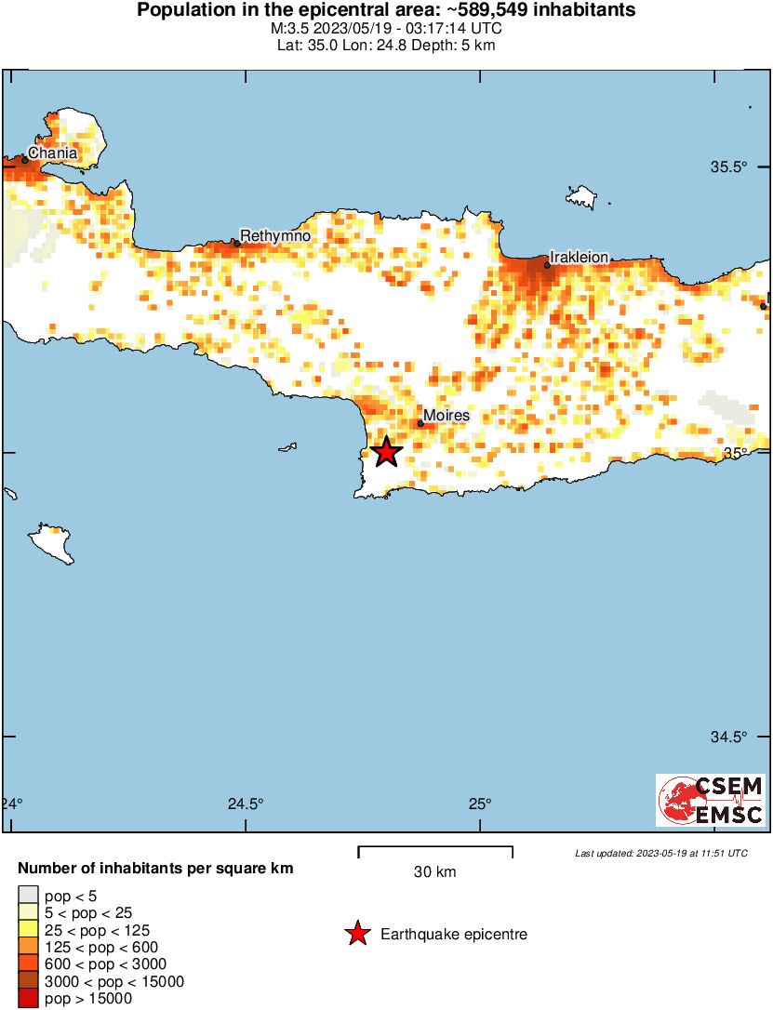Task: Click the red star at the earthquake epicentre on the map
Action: [386, 453]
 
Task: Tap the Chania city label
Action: [52, 153]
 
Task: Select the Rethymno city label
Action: [275, 236]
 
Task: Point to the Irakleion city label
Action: [579, 257]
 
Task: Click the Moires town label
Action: [446, 416]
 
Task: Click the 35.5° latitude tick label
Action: [729, 168]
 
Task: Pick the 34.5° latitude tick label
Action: [729, 738]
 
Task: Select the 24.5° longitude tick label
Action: [246, 804]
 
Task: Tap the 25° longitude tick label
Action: [479, 804]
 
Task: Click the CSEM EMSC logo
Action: [711, 801]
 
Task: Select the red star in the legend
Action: [357, 934]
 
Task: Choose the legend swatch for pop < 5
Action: [28, 895]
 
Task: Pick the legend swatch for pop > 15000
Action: [28, 999]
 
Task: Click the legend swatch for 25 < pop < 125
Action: [28, 929]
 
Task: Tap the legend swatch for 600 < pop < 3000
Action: [28, 964]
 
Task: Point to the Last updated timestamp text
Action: [660, 853]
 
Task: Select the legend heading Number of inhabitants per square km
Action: [156, 869]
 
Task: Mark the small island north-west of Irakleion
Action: [581, 196]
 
